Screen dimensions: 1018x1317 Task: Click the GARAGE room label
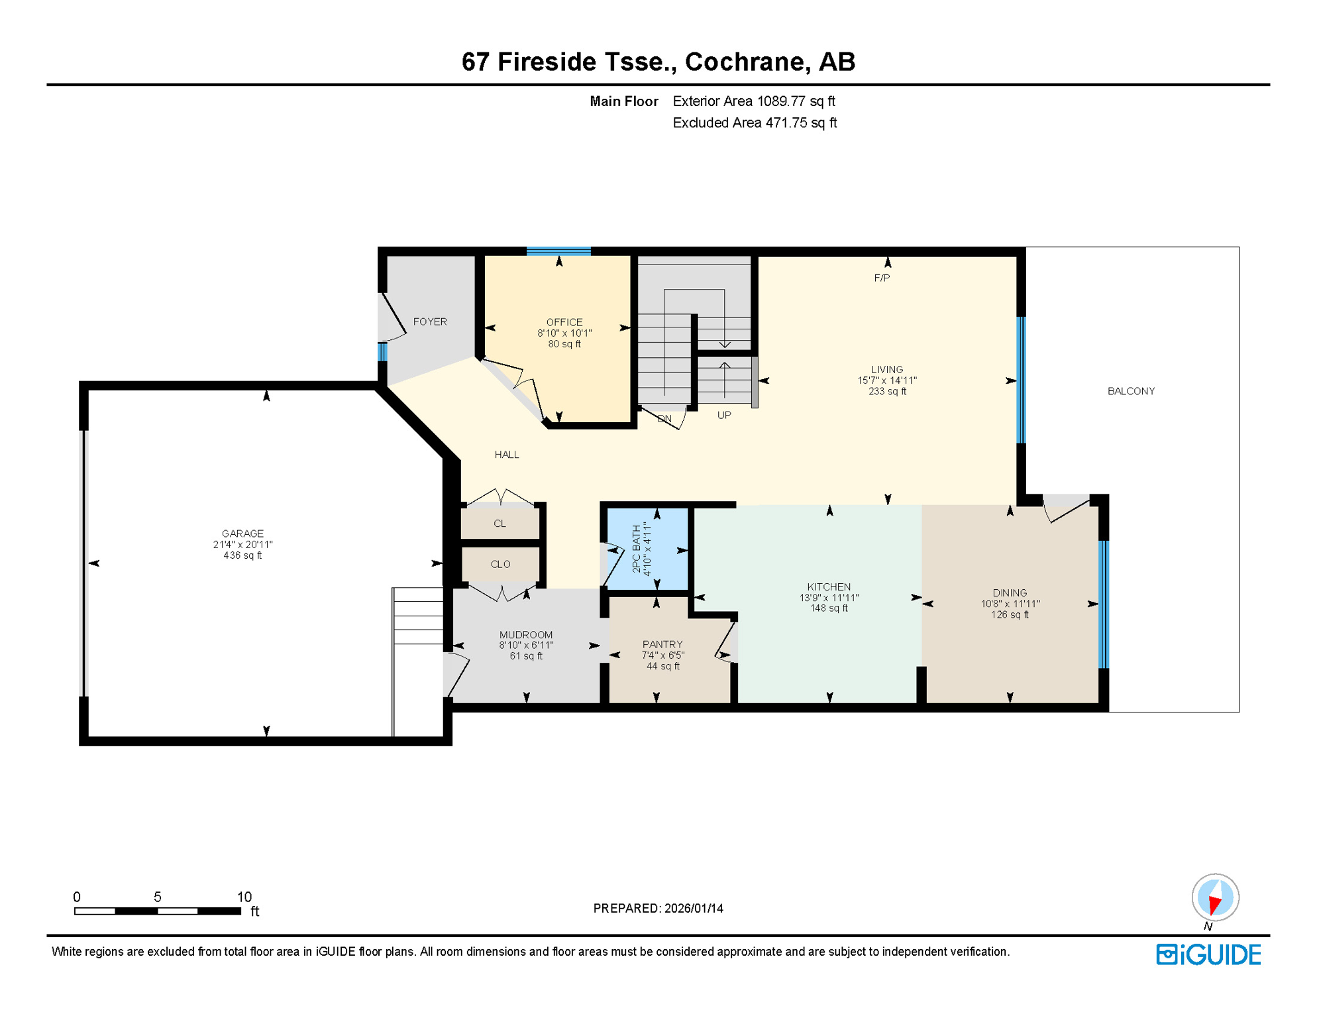pyautogui.click(x=242, y=534)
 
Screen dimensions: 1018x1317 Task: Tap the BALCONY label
pyautogui.click(x=1131, y=391)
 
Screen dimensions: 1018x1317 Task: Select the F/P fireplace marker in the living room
pyautogui.click(x=882, y=278)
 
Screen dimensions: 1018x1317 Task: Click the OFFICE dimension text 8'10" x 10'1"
pyautogui.click(x=564, y=333)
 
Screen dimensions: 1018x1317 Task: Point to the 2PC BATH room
pyautogui.click(x=647, y=549)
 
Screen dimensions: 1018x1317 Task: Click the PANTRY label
pyautogui.click(x=662, y=644)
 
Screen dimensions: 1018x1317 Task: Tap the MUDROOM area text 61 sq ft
pyautogui.click(x=526, y=656)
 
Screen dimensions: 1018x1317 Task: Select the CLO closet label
pyautogui.click(x=500, y=565)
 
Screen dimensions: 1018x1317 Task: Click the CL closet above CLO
pyautogui.click(x=500, y=524)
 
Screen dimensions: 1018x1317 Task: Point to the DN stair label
pyautogui.click(x=664, y=419)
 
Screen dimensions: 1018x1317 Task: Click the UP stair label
pyautogui.click(x=724, y=416)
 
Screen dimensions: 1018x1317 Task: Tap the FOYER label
pyautogui.click(x=430, y=321)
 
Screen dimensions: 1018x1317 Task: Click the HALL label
pyautogui.click(x=507, y=455)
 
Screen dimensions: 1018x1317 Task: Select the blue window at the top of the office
pyautogui.click(x=558, y=251)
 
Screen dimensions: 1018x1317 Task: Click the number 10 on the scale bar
pyautogui.click(x=244, y=897)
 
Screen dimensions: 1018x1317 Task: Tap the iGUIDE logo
pyautogui.click(x=1208, y=955)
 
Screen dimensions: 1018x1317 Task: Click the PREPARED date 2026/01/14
pyautogui.click(x=694, y=909)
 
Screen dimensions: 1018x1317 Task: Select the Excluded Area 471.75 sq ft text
pyautogui.click(x=755, y=123)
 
